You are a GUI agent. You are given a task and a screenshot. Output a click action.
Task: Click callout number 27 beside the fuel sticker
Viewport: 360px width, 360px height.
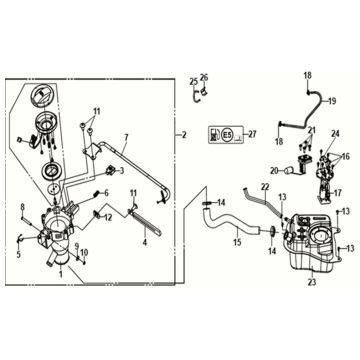252,133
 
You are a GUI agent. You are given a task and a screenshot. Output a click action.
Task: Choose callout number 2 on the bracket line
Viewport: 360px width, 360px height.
183,133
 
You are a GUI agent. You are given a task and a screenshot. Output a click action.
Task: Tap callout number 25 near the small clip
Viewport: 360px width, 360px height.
193,81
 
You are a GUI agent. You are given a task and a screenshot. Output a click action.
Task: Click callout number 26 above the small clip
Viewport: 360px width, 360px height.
204,77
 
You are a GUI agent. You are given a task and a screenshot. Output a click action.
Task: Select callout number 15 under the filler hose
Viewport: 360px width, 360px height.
236,242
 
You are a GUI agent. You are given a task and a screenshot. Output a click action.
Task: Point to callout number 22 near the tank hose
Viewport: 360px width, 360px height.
265,187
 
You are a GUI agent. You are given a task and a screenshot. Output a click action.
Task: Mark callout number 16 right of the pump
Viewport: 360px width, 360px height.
347,157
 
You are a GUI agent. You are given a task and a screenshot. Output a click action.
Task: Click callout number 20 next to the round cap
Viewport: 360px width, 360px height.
274,171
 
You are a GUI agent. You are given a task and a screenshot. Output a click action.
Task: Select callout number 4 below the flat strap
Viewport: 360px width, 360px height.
144,241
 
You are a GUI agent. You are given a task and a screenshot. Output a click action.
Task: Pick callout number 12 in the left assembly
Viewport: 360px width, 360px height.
108,216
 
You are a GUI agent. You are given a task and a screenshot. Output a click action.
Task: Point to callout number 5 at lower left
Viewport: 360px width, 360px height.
17,254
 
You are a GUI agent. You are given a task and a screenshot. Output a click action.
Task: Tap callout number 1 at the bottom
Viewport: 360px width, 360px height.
60,272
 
